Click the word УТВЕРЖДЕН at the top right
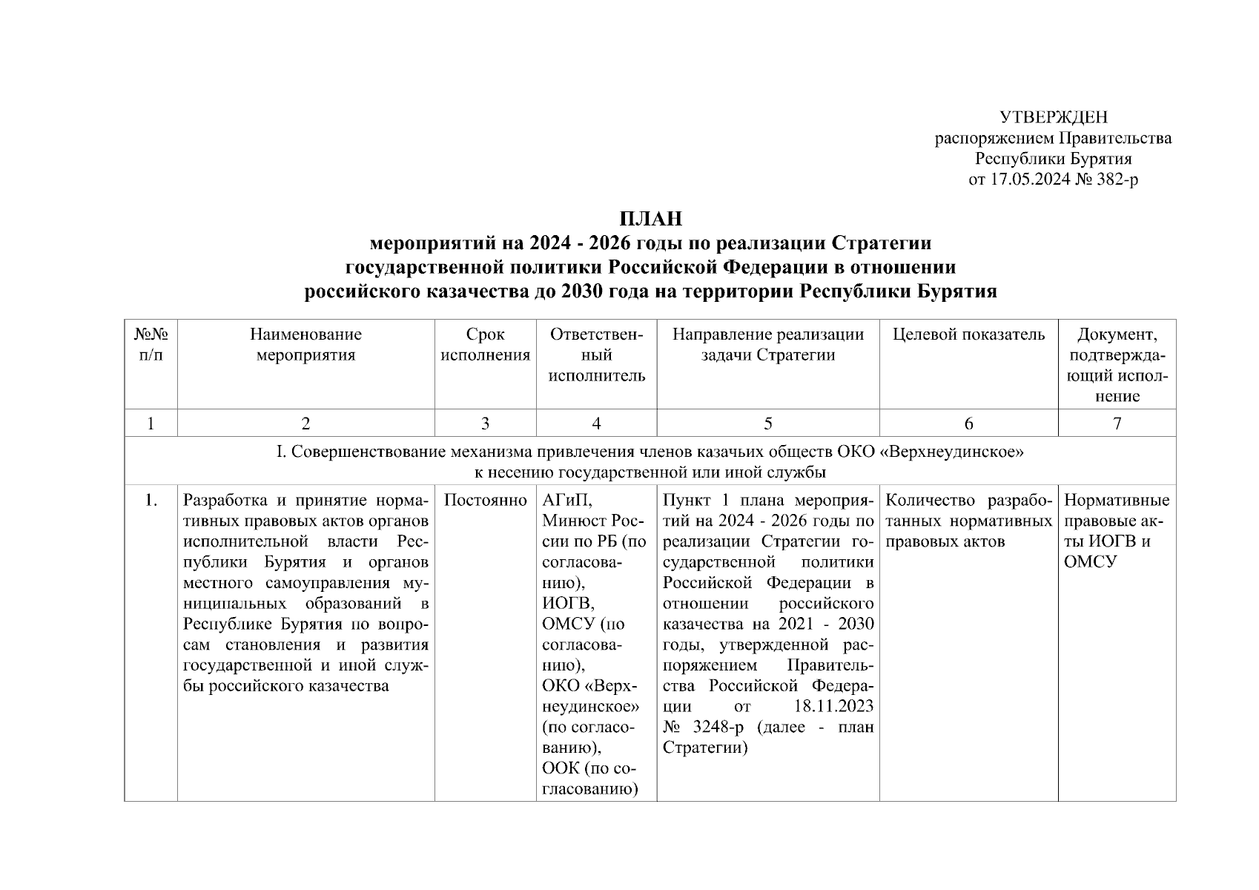pos(1053,117)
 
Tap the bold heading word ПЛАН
pos(650,219)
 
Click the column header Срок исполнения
pos(485,345)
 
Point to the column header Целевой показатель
pos(968,334)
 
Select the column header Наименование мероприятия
pos(305,345)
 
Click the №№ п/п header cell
pos(151,345)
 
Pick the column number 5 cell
pos(767,423)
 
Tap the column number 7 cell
pos(1117,423)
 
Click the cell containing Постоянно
pos(485,500)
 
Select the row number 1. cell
pos(151,500)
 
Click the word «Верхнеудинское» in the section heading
pos(951,452)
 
